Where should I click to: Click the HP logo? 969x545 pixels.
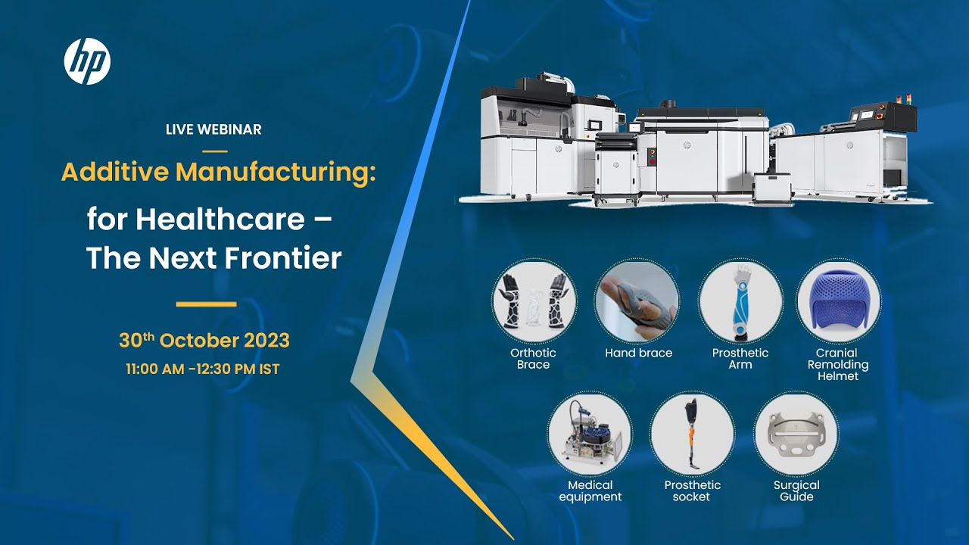(87, 61)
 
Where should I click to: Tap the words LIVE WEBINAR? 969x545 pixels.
(213, 129)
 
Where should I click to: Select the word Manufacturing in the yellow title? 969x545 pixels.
(276, 173)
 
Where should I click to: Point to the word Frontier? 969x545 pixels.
(289, 259)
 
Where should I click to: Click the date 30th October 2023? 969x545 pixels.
(204, 341)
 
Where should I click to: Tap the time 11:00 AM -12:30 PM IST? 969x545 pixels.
(203, 370)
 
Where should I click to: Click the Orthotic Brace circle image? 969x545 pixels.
(534, 301)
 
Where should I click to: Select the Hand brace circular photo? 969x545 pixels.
(637, 301)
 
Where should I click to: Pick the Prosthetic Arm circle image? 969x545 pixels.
(740, 301)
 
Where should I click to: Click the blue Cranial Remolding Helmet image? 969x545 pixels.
(838, 301)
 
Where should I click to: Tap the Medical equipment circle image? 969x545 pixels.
(590, 433)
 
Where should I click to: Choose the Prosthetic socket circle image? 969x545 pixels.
(691, 433)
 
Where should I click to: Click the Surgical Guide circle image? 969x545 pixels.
(796, 433)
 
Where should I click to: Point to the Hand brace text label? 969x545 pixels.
(638, 353)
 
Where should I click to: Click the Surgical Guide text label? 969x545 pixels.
(796, 491)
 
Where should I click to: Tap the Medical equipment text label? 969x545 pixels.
(590, 491)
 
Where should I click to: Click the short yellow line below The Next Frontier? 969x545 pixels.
(206, 304)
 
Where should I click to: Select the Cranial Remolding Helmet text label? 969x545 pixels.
(837, 364)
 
